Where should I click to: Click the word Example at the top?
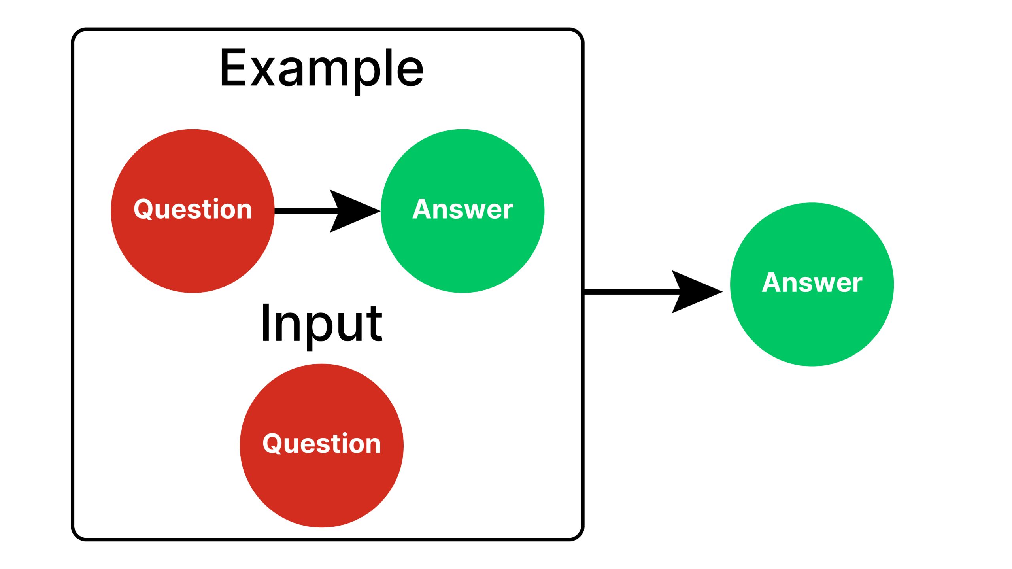click(x=321, y=68)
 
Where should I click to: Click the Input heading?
click(x=321, y=323)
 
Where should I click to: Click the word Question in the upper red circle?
click(x=193, y=209)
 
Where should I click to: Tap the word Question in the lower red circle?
click(x=321, y=443)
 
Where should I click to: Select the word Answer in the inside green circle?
click(x=462, y=209)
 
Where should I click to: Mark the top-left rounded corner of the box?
click(x=77, y=34)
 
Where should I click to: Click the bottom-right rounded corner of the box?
click(x=578, y=534)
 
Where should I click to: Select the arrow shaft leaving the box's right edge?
click(x=629, y=292)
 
